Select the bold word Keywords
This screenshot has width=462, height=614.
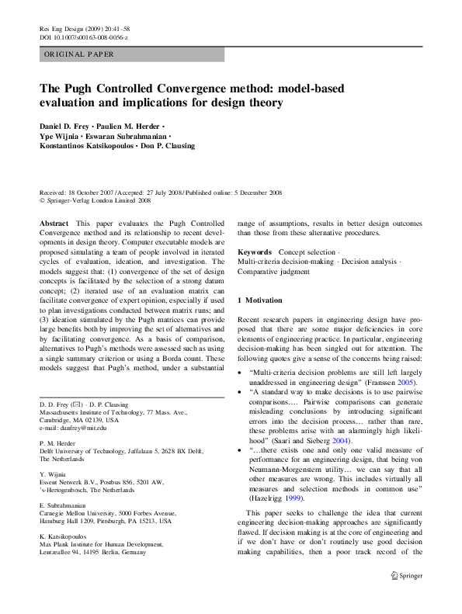click(255, 252)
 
